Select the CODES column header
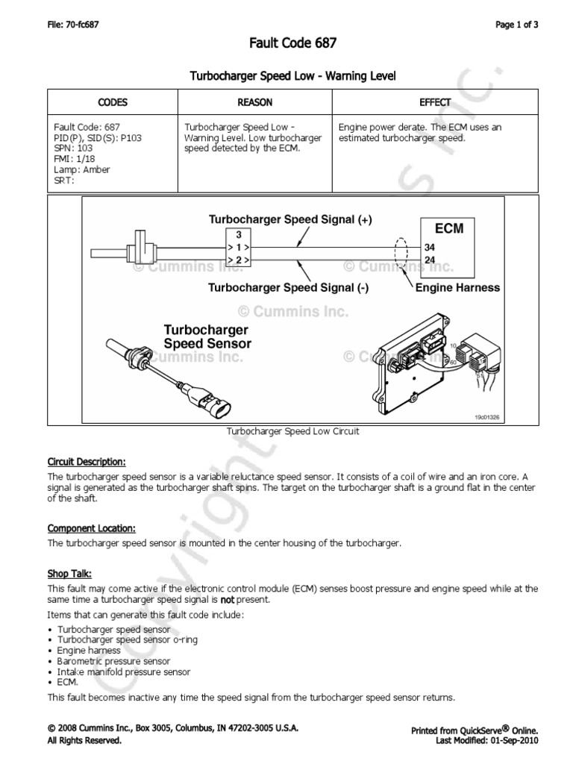[x=113, y=102]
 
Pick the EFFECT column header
[x=435, y=102]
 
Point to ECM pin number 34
[x=429, y=247]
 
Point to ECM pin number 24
[x=429, y=260]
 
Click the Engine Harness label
[x=457, y=287]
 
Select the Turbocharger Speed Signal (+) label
[x=289, y=219]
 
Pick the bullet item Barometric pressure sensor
[x=113, y=661]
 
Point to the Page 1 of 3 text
[x=517, y=25]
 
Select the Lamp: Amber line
[x=82, y=169]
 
